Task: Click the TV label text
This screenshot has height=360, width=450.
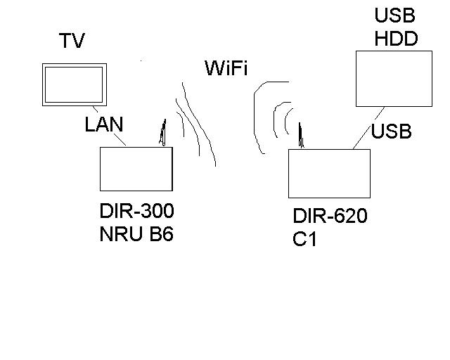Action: tap(72, 41)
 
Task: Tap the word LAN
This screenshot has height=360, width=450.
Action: tap(104, 125)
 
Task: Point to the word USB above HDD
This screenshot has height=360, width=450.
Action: tap(394, 15)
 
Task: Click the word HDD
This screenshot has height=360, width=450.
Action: tap(396, 38)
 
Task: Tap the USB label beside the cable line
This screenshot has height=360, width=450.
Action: tap(391, 131)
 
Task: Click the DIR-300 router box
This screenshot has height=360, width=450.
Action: tap(136, 169)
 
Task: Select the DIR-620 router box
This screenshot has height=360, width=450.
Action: tap(328, 174)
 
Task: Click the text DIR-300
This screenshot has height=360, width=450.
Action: tap(136, 211)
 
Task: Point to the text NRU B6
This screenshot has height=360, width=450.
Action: tap(136, 233)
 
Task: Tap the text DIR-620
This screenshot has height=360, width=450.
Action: tap(330, 217)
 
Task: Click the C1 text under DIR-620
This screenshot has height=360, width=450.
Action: tap(304, 240)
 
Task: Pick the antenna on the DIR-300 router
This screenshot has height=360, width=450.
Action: tap(163, 133)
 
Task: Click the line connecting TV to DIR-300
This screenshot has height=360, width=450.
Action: tap(115, 137)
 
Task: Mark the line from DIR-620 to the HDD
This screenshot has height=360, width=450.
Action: tap(366, 128)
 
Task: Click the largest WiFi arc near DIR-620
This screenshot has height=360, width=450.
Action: tap(256, 116)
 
